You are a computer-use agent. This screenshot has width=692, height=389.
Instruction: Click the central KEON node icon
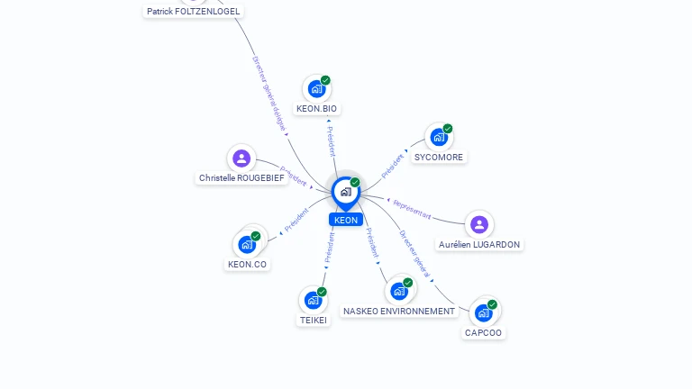point(345,191)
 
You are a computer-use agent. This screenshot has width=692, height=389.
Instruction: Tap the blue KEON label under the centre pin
point(346,220)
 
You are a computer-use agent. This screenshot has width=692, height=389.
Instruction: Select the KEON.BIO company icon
point(316,88)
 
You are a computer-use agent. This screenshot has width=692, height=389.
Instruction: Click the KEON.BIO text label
point(317,109)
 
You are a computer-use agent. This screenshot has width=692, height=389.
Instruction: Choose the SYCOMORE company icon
point(439,137)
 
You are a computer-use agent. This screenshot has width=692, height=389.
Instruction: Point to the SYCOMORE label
point(439,158)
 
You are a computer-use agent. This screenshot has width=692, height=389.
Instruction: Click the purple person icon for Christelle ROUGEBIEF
point(241,158)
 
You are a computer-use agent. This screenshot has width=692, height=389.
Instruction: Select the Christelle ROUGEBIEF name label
point(241,178)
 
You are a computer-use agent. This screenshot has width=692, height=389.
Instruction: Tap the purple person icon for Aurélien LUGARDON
point(479,224)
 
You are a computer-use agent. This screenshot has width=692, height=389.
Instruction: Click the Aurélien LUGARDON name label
point(479,245)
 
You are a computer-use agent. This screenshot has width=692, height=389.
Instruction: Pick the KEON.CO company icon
point(247,244)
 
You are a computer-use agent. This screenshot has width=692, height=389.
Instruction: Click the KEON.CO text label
point(247,265)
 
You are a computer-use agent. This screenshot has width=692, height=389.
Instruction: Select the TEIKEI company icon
point(313,300)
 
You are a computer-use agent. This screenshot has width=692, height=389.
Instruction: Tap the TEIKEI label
point(314,321)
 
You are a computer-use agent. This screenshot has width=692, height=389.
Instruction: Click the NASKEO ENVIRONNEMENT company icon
point(399,291)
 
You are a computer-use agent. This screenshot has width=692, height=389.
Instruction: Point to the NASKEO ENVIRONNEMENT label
point(399,312)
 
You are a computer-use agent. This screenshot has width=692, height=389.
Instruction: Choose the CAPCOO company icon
point(484,312)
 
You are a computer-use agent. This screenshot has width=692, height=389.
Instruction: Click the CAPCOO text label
point(484,333)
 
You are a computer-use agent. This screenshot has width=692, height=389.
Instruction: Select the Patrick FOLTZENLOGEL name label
point(194,12)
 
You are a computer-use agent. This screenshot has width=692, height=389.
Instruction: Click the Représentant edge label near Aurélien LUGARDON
point(413,211)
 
